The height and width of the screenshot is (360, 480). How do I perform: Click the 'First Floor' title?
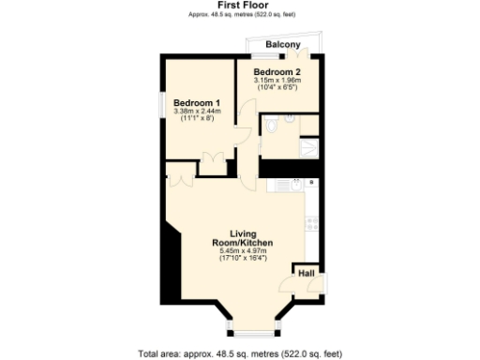(239, 5)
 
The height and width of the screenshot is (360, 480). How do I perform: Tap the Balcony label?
(282, 45)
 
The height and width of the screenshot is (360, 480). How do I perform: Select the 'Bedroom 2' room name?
(277, 72)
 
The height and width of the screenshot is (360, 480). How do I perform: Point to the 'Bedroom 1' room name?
(197, 103)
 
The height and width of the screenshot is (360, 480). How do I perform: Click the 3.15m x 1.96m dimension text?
(277, 81)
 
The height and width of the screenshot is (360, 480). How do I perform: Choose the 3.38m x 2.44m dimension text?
(197, 112)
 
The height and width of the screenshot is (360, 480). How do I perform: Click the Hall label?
(307, 273)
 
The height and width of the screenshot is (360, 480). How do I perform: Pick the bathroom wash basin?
(291, 118)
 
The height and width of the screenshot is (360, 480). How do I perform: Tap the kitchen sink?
(296, 185)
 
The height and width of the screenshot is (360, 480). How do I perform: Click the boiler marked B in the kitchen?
(311, 182)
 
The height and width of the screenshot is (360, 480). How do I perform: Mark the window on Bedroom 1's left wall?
(161, 109)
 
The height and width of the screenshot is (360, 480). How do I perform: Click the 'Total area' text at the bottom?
(240, 354)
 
